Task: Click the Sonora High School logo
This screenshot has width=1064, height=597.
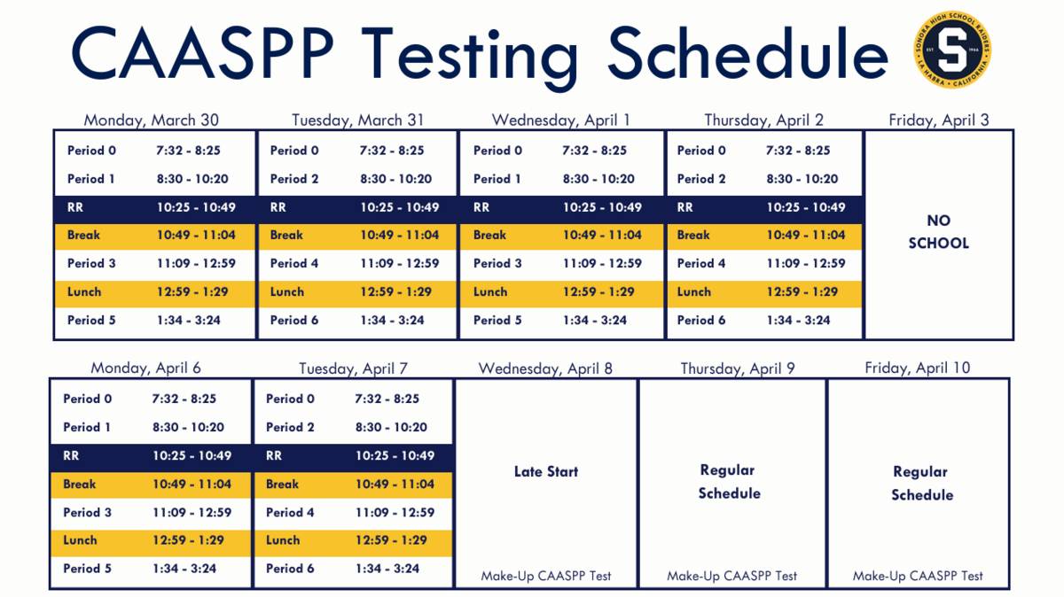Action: coord(952,50)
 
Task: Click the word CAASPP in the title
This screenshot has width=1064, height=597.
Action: coord(202,52)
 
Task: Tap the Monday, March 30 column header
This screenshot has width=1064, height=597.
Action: coord(151,120)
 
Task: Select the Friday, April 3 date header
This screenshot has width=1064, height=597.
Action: coord(939,120)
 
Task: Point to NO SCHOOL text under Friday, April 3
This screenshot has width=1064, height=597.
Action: coord(939,231)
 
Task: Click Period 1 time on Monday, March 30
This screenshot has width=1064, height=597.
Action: coord(192,179)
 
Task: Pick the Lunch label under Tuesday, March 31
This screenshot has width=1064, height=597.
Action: coord(287,291)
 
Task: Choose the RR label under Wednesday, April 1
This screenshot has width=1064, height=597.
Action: coord(481,207)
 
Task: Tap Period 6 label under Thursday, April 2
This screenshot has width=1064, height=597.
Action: coord(701,320)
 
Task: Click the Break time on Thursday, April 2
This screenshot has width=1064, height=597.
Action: coord(806,235)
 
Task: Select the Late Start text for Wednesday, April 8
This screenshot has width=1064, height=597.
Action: coord(546,472)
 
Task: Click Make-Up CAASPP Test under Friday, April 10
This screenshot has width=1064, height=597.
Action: coord(918,576)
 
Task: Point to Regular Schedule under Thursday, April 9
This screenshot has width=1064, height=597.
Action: coord(729,482)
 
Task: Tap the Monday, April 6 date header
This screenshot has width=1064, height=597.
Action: coord(145,368)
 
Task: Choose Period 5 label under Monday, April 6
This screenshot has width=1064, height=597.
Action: coord(88,569)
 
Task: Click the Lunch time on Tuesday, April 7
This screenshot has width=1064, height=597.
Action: coord(391,540)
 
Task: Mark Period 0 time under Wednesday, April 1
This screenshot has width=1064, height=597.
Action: coord(594,151)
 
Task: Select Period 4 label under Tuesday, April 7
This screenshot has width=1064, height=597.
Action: coord(290,513)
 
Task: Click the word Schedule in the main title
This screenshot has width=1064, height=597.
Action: coord(747,52)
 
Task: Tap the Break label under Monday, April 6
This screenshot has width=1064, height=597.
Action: coord(79,484)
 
